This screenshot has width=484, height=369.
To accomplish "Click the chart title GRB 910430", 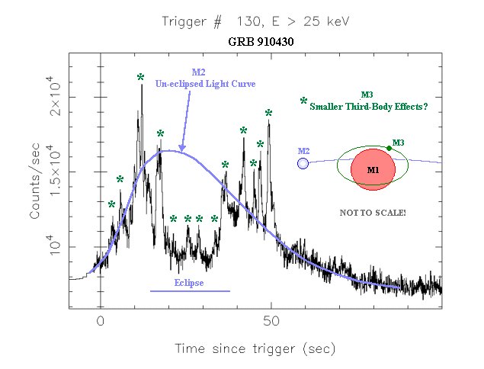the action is pos(261,42).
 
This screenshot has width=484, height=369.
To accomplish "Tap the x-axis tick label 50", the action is pos(271,322).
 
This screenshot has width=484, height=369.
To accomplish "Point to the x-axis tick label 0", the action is pos(101,322).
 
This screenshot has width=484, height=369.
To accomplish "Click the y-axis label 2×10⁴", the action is pos(55,96).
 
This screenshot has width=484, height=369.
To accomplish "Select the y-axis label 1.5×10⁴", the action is pos(55,171).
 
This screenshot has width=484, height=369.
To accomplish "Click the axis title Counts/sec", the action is pos(34,181).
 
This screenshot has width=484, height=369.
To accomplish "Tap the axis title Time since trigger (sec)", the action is pos(255,349).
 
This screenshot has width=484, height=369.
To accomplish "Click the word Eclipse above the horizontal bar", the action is pos(189,283).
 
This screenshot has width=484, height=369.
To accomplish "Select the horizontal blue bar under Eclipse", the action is pos(190,291).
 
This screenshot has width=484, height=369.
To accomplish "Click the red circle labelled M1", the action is pos(373,169).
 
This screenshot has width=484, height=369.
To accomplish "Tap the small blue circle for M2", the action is pos(303,164).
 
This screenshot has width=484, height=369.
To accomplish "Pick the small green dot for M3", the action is pos(389,148).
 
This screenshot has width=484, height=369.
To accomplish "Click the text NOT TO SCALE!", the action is pos(373,213).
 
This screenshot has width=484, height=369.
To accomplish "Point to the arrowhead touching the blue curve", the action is pos(182,148).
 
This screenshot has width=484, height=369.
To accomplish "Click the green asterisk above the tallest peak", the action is pos(141,77).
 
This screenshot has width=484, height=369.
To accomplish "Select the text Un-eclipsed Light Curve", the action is pos(205,84).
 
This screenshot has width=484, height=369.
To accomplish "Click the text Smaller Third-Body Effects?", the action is pos(369,107).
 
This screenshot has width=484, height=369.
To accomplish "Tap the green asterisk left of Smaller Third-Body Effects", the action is pos(303,101).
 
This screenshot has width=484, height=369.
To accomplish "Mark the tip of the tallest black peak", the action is pos(142,85).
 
